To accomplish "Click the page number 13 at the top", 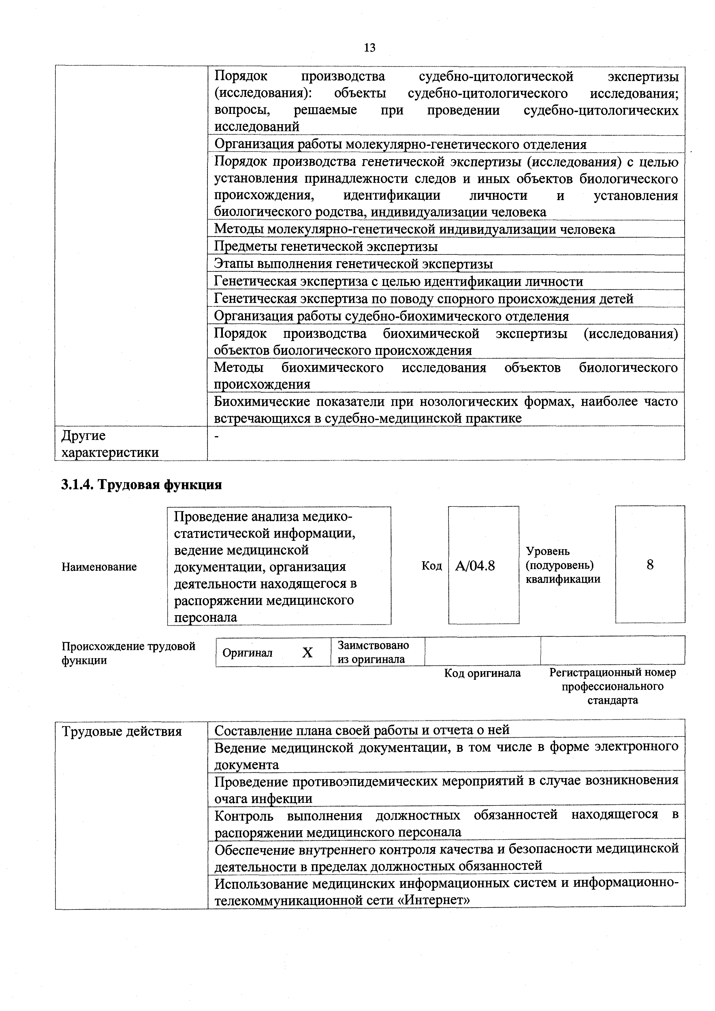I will click(x=369, y=48).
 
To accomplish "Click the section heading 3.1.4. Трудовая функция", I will click(x=141, y=485).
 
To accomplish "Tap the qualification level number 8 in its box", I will click(x=650, y=565).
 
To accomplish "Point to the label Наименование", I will click(x=99, y=567).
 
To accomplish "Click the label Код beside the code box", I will click(x=432, y=566).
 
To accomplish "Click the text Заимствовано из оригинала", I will click(x=372, y=652).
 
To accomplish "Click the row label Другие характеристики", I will click(x=110, y=444).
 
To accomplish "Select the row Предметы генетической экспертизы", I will click(x=326, y=246).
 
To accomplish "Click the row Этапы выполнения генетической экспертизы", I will click(x=353, y=264).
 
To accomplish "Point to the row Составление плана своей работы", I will click(x=362, y=730).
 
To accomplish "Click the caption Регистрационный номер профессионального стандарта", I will click(x=612, y=686).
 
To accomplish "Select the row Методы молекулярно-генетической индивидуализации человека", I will click(x=414, y=229).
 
